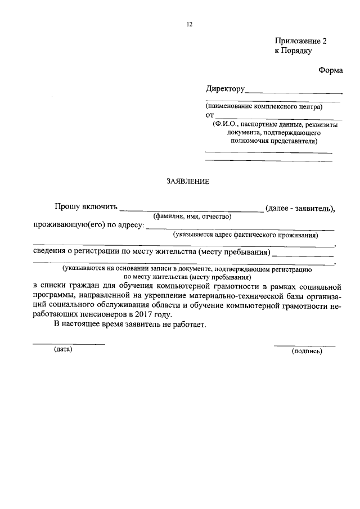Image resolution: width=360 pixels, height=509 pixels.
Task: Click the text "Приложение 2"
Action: click(x=300, y=41)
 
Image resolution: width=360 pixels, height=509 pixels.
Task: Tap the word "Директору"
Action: click(x=225, y=89)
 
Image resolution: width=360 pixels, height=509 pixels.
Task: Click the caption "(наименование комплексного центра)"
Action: click(x=264, y=106)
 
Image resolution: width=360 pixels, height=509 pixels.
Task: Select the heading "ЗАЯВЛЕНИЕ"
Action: click(x=188, y=182)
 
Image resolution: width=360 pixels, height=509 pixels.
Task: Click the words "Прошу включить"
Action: click(x=85, y=208)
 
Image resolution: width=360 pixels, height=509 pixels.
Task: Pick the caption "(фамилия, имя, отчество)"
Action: click(x=192, y=217)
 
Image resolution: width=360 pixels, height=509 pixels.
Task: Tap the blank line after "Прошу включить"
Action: click(x=191, y=211)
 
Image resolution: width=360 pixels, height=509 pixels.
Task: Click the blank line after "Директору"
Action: click(x=294, y=92)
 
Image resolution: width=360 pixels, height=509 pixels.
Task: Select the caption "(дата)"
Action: click(x=64, y=349)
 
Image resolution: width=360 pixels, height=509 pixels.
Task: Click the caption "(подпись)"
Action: click(x=307, y=351)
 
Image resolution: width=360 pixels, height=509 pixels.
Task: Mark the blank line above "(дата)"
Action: click(x=68, y=343)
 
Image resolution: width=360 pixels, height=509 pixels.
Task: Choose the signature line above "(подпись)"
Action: click(x=304, y=345)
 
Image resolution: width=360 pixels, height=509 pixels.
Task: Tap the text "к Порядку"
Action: click(x=293, y=51)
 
